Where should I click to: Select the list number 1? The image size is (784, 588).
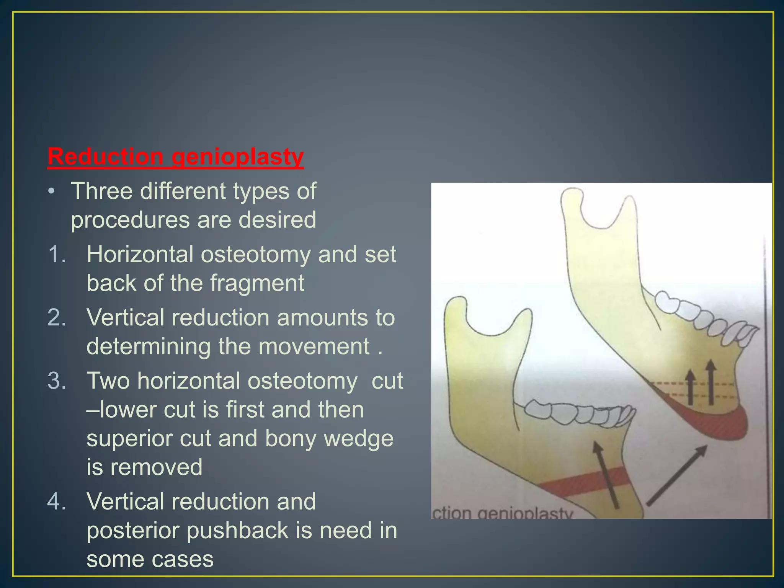click(57, 254)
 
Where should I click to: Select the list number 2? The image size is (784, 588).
click(57, 318)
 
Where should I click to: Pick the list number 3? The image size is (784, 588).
click(57, 381)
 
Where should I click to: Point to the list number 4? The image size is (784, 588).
click(57, 501)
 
